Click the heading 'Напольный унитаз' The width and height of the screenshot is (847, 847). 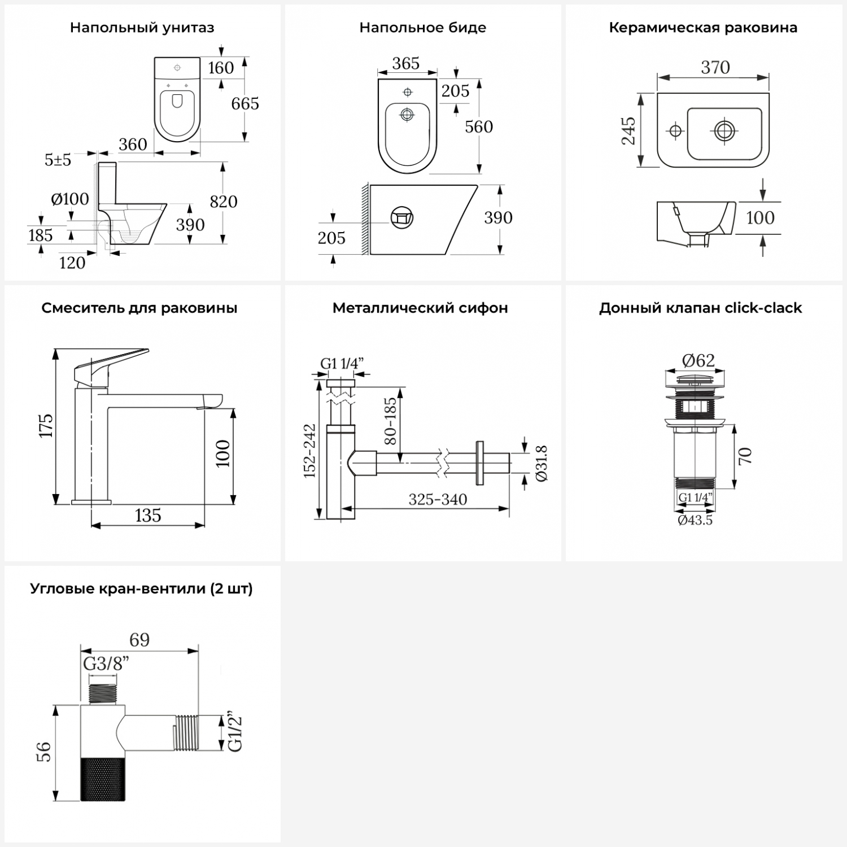pyautogui.click(x=142, y=28)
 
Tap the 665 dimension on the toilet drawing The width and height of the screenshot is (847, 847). pyautogui.click(x=245, y=104)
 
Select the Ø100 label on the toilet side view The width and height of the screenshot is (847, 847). pyautogui.click(x=70, y=199)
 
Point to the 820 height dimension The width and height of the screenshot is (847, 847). pyautogui.click(x=224, y=202)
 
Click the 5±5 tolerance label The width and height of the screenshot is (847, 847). pyautogui.click(x=58, y=160)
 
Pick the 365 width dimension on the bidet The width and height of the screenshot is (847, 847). pyautogui.click(x=405, y=63)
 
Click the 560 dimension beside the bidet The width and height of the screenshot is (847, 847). pyautogui.click(x=479, y=127)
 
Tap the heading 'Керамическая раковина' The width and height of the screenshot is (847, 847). pyautogui.click(x=703, y=28)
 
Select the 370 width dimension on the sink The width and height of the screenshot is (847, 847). pyautogui.click(x=715, y=68)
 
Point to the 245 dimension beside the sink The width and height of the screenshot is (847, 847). pyautogui.click(x=628, y=131)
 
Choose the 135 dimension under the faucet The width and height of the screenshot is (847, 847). pyautogui.click(x=148, y=516)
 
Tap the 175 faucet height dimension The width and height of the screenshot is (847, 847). pyautogui.click(x=46, y=426)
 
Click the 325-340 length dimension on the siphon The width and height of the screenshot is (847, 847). pyautogui.click(x=438, y=500)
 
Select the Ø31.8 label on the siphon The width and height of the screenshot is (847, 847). pyautogui.click(x=540, y=463)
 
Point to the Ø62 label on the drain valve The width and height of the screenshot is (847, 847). pyautogui.click(x=698, y=360)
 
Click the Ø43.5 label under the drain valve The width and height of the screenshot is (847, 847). pyautogui.click(x=695, y=520)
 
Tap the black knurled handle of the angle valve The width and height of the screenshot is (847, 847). pyautogui.click(x=103, y=779)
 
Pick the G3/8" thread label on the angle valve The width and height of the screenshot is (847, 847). pyautogui.click(x=106, y=664)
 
